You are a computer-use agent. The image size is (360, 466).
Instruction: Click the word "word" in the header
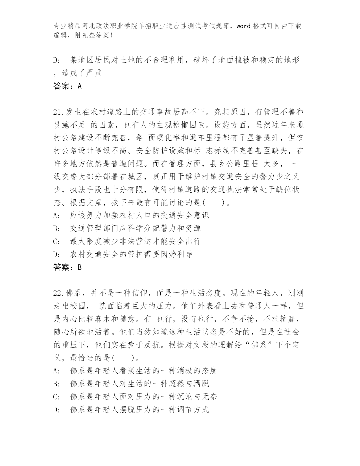(x=243, y=26)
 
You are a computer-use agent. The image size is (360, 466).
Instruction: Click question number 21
(x=59, y=112)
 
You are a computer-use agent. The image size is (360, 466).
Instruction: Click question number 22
(x=59, y=293)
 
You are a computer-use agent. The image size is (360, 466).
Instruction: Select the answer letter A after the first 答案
(x=79, y=86)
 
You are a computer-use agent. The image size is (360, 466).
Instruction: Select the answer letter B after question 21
(x=79, y=267)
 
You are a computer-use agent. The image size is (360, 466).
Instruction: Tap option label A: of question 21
(x=56, y=215)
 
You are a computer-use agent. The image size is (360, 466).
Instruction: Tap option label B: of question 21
(x=56, y=228)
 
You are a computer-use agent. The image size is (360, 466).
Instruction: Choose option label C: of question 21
(x=56, y=241)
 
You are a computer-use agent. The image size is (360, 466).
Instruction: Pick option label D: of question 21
(x=56, y=254)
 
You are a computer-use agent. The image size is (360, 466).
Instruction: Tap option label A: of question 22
(x=56, y=371)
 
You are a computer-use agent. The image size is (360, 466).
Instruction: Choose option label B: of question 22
(x=56, y=384)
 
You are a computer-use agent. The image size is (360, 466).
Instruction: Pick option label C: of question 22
(x=56, y=397)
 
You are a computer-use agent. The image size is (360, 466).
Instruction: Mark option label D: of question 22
(x=56, y=410)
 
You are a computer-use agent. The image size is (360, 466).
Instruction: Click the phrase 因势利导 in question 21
(x=176, y=254)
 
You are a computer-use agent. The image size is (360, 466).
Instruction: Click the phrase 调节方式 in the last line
(x=193, y=410)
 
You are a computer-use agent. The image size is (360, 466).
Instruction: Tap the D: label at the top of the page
(x=56, y=60)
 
